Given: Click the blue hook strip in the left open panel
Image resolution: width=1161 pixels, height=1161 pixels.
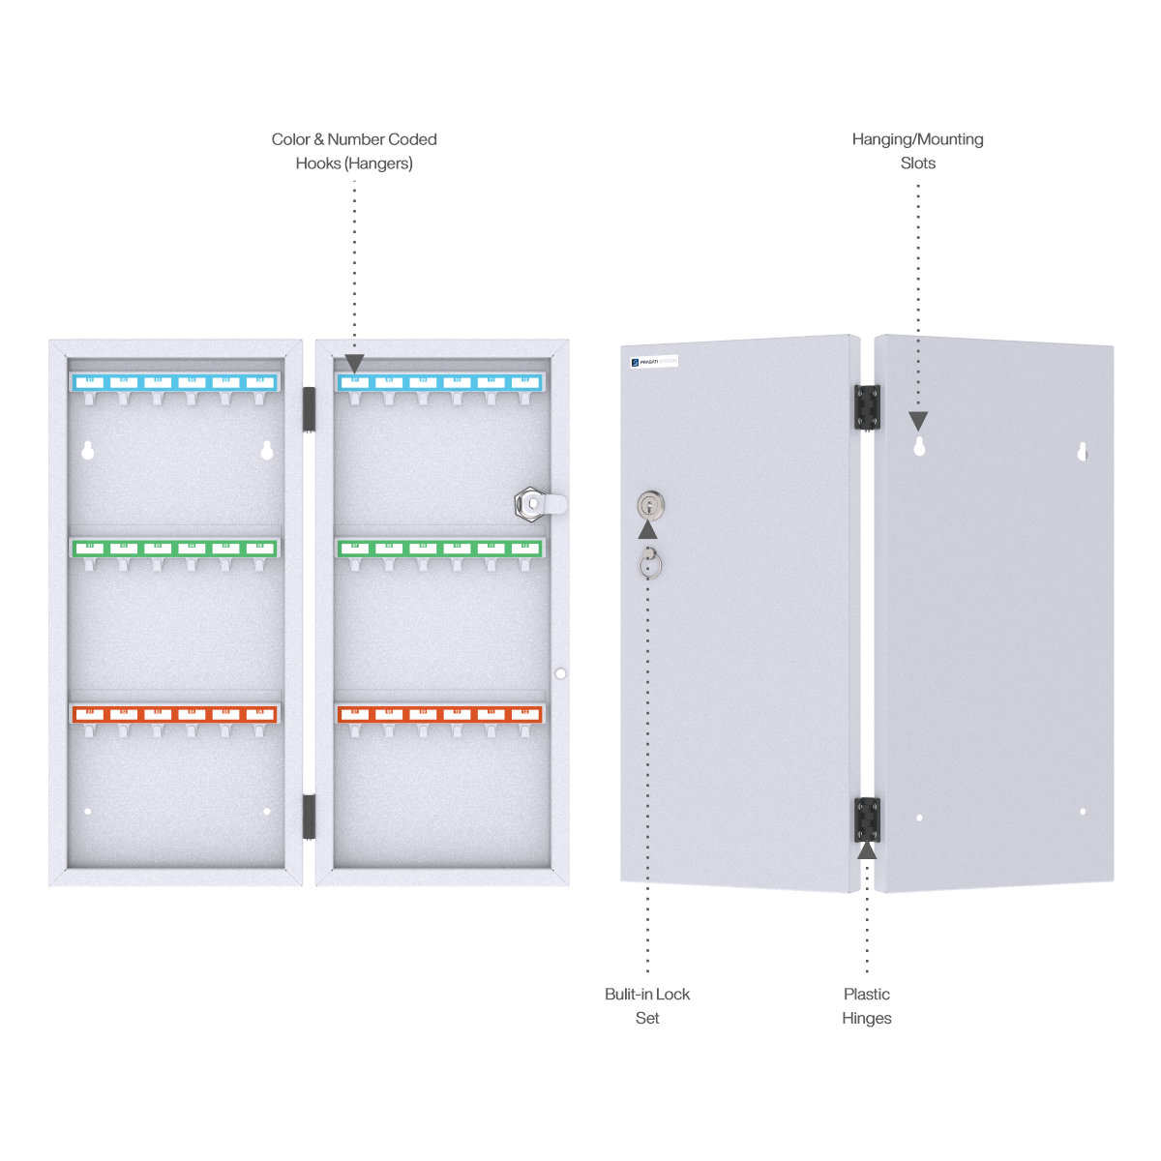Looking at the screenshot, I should (x=175, y=382).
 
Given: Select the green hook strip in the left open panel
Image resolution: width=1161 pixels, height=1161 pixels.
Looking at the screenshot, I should (x=175, y=548).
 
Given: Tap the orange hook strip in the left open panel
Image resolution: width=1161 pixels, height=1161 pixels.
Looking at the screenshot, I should (x=175, y=714).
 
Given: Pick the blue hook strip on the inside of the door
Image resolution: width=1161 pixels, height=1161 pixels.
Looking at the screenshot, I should (x=440, y=382).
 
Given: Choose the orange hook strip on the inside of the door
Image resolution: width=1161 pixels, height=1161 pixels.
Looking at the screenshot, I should (x=440, y=714).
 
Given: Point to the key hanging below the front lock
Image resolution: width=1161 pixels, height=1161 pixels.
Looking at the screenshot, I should (x=650, y=562).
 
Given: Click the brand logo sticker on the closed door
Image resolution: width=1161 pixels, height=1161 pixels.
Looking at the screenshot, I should (x=654, y=362).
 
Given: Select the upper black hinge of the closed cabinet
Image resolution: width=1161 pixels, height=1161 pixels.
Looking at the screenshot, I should (x=867, y=406).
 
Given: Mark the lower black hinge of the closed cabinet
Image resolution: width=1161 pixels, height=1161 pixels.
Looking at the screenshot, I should (x=867, y=819).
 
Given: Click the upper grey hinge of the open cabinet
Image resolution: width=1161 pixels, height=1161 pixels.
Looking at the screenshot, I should (x=309, y=409).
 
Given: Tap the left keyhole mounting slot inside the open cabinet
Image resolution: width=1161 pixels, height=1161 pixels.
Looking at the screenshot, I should (x=88, y=450).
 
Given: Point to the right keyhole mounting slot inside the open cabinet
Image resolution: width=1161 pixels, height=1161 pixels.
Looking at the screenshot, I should (x=267, y=450).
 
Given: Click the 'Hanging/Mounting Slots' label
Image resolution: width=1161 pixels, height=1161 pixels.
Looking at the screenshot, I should (x=918, y=151).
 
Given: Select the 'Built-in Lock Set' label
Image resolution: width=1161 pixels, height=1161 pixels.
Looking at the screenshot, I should (x=648, y=1006).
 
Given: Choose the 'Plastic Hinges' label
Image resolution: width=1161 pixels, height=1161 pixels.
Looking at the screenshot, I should (x=867, y=1006).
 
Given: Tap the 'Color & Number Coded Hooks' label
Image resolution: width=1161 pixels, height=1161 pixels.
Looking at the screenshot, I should (x=354, y=151).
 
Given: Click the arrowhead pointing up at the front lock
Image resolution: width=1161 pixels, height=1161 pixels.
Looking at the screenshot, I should (x=648, y=529).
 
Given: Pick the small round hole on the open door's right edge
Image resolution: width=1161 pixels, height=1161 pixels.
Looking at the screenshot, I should (x=560, y=673).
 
